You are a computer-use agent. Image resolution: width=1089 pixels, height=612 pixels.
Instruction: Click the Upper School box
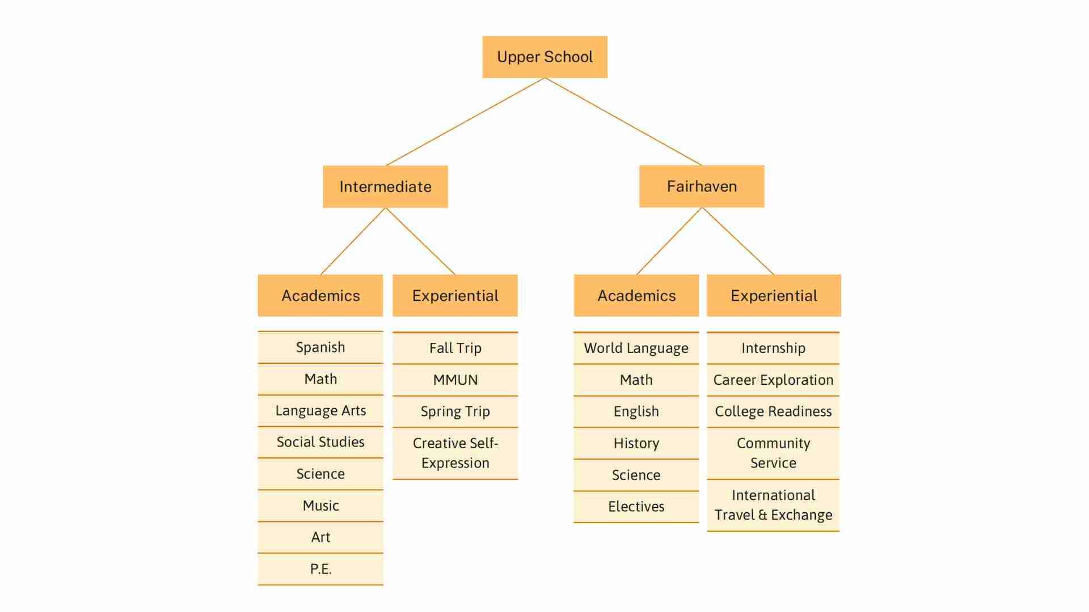(544, 57)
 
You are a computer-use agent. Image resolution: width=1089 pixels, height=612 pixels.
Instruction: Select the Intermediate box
(385, 186)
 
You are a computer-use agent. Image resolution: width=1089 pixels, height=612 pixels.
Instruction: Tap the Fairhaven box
(702, 186)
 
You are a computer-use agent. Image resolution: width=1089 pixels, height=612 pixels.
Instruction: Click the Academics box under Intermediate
(320, 295)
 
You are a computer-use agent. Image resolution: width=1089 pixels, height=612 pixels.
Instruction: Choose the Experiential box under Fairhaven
(774, 295)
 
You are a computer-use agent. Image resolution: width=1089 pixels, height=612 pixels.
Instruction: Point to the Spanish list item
(320, 347)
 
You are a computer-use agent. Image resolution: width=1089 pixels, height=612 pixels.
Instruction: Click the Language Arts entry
(320, 410)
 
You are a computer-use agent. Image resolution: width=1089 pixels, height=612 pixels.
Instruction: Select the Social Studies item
(320, 442)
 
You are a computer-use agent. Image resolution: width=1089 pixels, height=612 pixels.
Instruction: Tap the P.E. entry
(320, 568)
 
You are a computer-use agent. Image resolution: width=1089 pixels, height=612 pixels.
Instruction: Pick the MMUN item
(455, 380)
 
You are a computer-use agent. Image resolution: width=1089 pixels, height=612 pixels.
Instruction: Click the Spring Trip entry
(455, 411)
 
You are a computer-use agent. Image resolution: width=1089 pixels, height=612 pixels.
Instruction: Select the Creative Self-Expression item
(455, 453)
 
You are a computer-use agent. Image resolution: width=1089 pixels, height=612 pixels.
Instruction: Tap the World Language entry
(636, 348)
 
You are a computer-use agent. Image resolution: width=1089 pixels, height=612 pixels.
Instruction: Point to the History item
(636, 443)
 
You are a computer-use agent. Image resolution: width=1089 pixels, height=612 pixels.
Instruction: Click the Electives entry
(636, 507)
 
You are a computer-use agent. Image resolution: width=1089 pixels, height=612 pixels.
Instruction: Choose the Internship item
(773, 348)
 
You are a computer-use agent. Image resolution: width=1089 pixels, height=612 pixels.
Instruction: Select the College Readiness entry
(773, 411)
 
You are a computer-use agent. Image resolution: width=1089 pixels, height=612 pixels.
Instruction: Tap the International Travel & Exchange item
(773, 505)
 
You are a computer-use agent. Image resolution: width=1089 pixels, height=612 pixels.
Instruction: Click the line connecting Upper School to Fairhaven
(623, 122)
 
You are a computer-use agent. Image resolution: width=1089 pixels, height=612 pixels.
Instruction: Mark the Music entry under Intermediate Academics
(320, 505)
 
